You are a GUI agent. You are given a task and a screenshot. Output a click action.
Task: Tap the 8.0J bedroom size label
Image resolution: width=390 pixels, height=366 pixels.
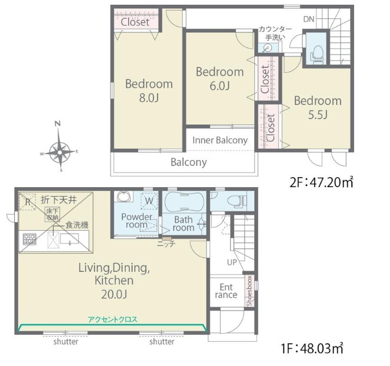click(149, 98)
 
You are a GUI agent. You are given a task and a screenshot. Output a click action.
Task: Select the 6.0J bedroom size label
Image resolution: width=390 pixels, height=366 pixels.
click(219, 86)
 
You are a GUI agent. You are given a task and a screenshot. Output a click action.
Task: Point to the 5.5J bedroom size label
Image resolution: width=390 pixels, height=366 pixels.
click(318, 115)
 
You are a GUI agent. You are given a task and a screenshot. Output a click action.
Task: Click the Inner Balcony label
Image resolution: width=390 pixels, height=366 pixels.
click(220, 140)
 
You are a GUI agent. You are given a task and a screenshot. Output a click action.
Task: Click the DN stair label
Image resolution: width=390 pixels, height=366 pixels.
click(309, 19)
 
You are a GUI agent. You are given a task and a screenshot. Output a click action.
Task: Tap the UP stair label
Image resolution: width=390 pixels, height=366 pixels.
click(232, 262)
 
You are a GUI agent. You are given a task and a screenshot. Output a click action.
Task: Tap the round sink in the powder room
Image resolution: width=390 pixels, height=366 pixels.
click(124, 197)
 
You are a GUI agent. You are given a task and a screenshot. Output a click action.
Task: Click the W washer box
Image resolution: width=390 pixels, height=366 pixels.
click(149, 201)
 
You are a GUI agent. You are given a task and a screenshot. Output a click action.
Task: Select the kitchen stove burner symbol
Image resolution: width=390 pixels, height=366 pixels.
click(29, 239)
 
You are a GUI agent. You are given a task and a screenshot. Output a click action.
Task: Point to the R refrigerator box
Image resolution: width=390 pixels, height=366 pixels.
click(28, 202)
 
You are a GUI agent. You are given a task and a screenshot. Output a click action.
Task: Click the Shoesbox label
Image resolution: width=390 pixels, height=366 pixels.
click(249, 291)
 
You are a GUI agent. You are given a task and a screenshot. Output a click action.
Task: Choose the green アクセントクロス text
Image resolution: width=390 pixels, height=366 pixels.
click(112, 320)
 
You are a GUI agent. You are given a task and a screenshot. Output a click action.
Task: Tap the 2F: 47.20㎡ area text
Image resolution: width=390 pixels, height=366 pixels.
click(321, 182)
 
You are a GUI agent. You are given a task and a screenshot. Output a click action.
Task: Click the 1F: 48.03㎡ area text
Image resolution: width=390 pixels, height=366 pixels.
click(312, 348)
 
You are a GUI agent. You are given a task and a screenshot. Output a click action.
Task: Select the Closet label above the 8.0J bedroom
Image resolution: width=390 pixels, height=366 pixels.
click(135, 22)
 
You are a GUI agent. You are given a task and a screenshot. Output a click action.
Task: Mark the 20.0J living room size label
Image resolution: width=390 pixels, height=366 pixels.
click(114, 295)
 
